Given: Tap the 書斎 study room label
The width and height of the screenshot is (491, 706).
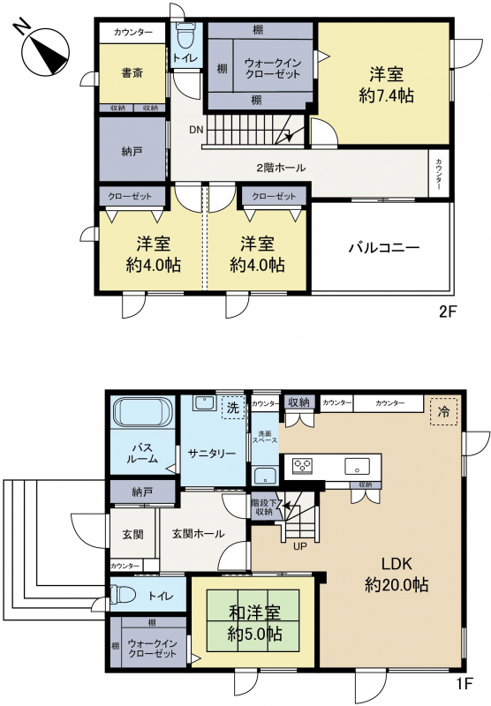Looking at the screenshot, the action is point(132,73).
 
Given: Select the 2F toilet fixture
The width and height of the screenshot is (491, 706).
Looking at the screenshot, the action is point(185,36).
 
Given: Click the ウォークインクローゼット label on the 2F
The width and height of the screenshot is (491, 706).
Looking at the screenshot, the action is point(273,68).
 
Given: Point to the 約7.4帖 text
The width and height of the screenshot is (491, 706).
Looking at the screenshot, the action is point(387,95).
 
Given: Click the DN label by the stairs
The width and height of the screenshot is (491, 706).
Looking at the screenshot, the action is point(196,130).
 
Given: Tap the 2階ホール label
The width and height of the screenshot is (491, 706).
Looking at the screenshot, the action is point(281,168).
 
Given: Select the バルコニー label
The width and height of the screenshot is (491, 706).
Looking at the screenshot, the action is point(384,247).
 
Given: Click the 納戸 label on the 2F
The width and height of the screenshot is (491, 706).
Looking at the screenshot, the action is point(132,152).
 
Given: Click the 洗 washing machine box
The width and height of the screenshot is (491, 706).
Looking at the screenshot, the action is point(233,408).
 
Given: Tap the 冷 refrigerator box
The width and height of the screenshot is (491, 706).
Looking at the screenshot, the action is point(443,411).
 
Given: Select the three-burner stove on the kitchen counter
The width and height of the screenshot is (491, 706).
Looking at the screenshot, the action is point(302,465).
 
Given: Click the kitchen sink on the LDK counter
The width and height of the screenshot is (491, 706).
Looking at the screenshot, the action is point(358,466).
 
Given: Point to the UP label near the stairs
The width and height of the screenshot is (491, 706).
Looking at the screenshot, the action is point(300,546).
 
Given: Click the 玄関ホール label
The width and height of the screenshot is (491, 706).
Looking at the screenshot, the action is point(198,534).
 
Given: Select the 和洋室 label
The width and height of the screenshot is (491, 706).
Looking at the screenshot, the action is point(254,612).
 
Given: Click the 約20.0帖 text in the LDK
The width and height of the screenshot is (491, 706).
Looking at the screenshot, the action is point(397,585).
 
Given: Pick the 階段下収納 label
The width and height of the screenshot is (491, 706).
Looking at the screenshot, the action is point(263,507).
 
